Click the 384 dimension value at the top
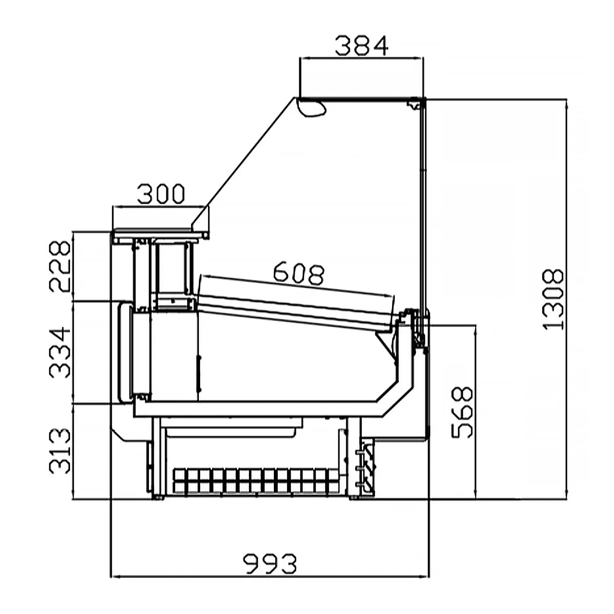click(x=361, y=46)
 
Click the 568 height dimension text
click(x=462, y=413)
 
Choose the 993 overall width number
click(x=270, y=564)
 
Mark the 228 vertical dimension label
click(x=60, y=266)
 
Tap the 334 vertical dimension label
click(x=60, y=352)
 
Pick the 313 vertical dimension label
click(x=60, y=451)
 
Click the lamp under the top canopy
click(x=312, y=107)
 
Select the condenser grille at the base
click(x=257, y=481)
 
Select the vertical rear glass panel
click(x=422, y=205)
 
